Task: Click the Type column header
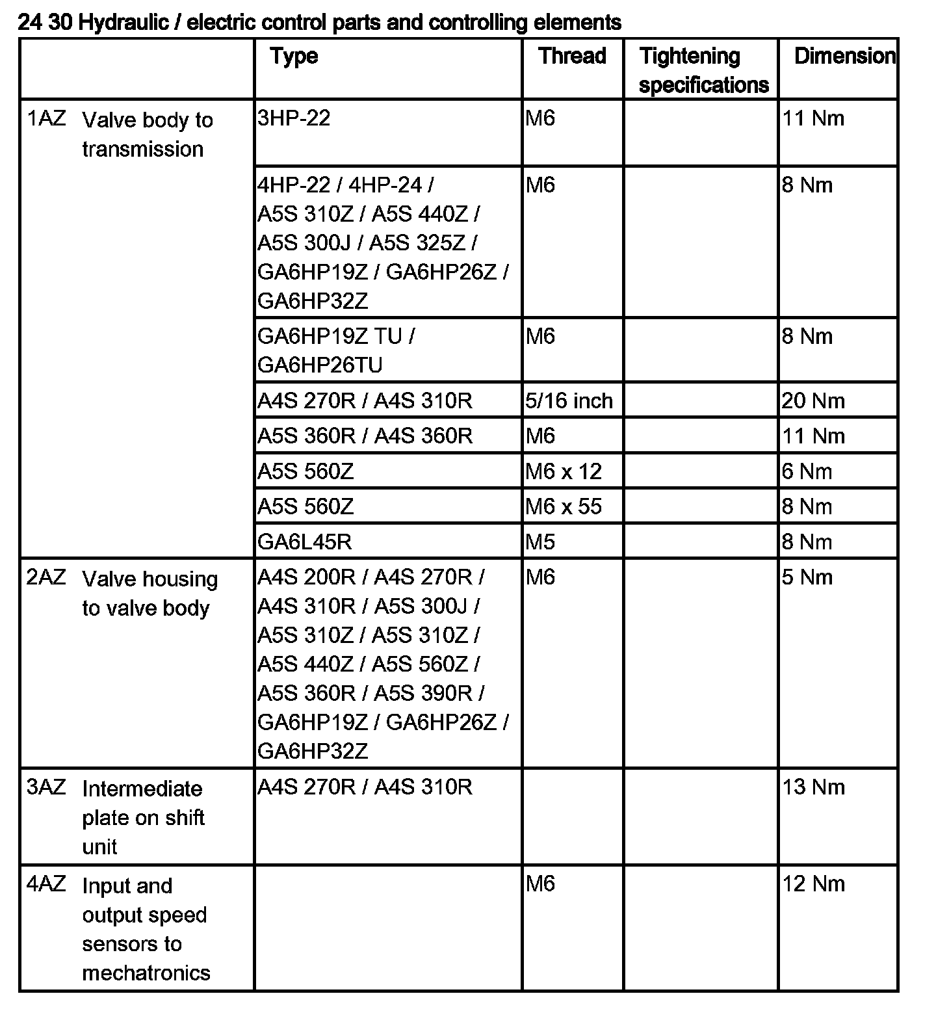[294, 57]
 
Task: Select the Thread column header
[572, 56]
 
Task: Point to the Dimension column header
[844, 56]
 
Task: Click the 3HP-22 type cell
[294, 118]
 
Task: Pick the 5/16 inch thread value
[569, 400]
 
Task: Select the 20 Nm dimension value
[813, 400]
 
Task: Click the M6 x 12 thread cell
[564, 471]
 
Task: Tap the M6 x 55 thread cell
[564, 506]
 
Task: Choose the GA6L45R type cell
[305, 542]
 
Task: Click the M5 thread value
[540, 542]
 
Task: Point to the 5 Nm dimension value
[807, 577]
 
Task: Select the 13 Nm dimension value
[813, 787]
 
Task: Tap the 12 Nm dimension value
[813, 884]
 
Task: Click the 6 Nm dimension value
[807, 471]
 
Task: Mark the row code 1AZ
[46, 119]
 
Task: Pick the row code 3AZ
[46, 787]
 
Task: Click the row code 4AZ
[46, 884]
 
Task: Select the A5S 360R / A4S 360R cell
[365, 436]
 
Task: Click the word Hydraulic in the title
[128, 23]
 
